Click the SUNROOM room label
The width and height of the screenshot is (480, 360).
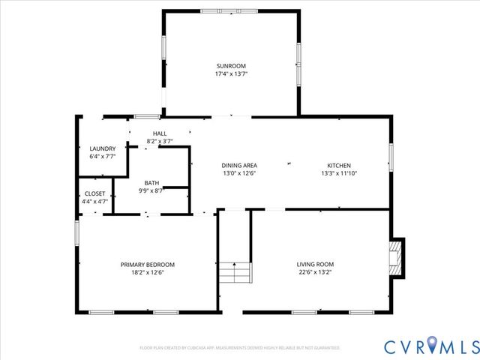[231, 66]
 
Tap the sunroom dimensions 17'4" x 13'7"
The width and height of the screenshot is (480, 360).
[231, 74]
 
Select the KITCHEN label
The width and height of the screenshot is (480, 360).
[338, 165]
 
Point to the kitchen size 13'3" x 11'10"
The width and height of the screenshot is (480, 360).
[338, 173]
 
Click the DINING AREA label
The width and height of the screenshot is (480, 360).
[239, 165]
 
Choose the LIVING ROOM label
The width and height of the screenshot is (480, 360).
[315, 264]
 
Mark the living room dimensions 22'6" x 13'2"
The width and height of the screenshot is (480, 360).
[315, 272]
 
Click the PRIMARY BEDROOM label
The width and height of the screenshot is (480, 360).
[148, 264]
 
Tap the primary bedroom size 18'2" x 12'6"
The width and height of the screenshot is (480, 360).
[148, 272]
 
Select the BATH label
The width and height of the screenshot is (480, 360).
[152, 182]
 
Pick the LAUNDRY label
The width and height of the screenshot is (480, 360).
[103, 148]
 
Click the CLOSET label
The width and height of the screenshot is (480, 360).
[95, 193]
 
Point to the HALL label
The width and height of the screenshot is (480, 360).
[160, 133]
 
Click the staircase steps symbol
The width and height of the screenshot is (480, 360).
[235, 271]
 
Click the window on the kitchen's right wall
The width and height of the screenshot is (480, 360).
[391, 157]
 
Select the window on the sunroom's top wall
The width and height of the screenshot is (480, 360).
[231, 10]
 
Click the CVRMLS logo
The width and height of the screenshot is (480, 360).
[430, 346]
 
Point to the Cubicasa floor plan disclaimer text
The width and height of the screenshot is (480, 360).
[240, 348]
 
